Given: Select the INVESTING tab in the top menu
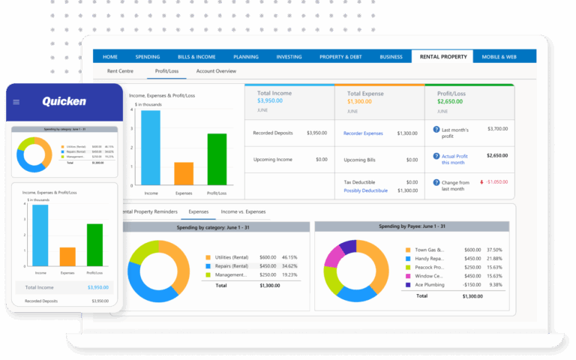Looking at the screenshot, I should [289, 56].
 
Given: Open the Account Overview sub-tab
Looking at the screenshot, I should [216, 71].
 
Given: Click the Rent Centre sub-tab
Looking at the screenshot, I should [120, 71].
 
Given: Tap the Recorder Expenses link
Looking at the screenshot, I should [363, 133].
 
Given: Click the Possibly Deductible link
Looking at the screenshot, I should [365, 190].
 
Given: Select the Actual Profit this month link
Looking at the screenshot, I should [454, 159].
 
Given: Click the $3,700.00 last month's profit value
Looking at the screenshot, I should [496, 129].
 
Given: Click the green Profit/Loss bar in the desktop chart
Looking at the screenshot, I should [217, 159].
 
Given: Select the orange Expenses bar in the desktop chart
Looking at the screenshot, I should [184, 173].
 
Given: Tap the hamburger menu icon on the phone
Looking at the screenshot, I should [16, 102].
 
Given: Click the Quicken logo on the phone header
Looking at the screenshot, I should [64, 101].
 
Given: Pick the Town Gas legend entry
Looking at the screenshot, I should [429, 250].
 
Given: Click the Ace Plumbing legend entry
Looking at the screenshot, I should [430, 285].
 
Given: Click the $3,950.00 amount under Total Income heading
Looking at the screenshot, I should [270, 100].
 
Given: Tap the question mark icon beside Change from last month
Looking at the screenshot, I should [436, 182].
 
